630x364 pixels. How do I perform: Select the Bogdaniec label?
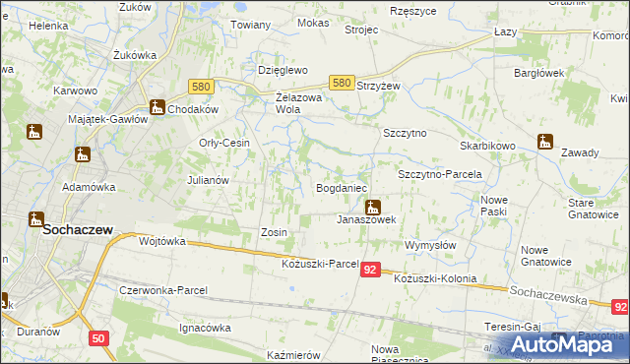pyautogui.click(x=341, y=187)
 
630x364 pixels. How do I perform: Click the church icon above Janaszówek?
pyautogui.click(x=373, y=207)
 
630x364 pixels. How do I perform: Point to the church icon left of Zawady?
pyautogui.click(x=545, y=141)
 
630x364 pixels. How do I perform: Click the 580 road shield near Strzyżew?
pyautogui.click(x=342, y=85)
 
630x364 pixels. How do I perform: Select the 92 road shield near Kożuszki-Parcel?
pyautogui.click(x=370, y=269)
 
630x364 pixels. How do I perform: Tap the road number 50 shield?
pyautogui.click(x=97, y=338)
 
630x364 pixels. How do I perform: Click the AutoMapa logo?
pyautogui.click(x=569, y=343)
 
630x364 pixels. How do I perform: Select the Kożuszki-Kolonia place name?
pyautogui.click(x=434, y=278)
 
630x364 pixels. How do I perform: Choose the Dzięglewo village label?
pyautogui.click(x=283, y=71)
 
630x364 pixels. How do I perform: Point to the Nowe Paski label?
pyautogui.click(x=493, y=206)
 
